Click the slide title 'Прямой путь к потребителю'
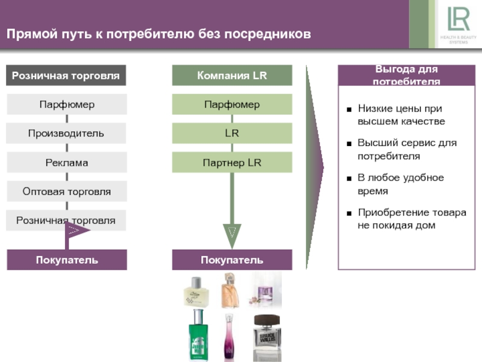click(159, 34)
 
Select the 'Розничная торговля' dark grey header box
click(66, 75)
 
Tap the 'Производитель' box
click(66, 133)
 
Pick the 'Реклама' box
click(66, 162)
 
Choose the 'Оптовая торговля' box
click(66, 191)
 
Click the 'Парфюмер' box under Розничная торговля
click(66, 104)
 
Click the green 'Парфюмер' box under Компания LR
click(232, 104)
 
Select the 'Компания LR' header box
click(232, 75)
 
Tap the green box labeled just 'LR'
click(232, 133)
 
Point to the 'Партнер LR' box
click(232, 162)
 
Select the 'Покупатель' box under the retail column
click(66, 260)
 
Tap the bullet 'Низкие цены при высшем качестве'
click(401, 115)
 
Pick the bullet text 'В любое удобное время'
click(400, 184)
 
